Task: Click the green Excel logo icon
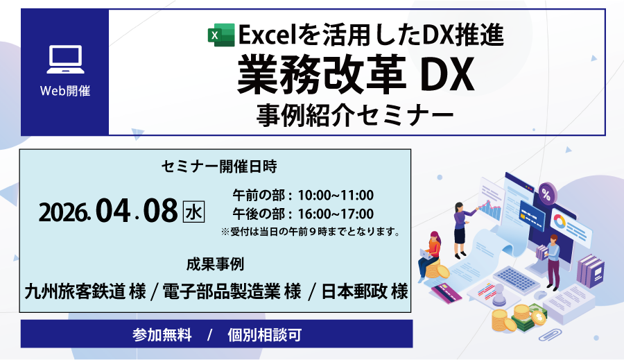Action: point(221,35)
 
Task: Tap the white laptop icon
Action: point(66,60)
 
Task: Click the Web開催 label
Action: point(65,91)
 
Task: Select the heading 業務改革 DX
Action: point(356,75)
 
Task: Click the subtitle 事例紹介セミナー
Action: point(355,115)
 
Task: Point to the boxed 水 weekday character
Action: point(193,212)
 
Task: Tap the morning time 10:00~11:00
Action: point(336,195)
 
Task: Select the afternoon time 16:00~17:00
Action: point(336,214)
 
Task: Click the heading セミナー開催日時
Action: point(219,166)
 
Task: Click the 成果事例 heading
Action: point(216,264)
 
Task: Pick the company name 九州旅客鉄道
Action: point(74,291)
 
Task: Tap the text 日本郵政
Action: point(354,291)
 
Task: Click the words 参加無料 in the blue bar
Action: point(162,334)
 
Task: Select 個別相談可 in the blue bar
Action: point(265,334)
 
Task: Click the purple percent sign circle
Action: point(547,194)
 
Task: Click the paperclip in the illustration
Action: point(550,334)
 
